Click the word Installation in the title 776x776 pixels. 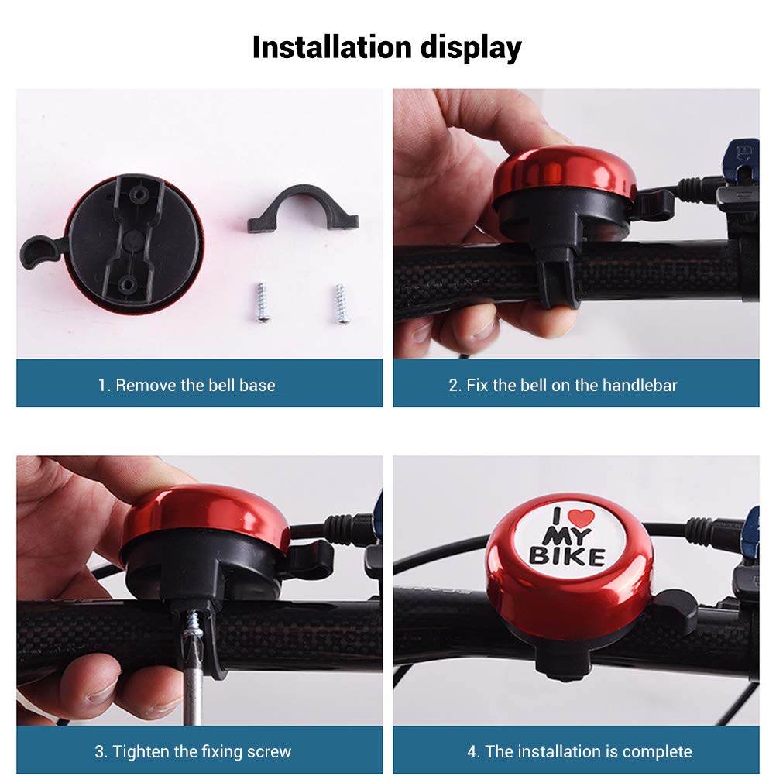[332, 47]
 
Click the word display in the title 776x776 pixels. [471, 49]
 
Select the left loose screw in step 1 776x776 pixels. [262, 303]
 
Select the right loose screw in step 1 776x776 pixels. [341, 304]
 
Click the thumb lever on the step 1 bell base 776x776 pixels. [39, 252]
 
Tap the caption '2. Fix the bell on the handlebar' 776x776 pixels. [563, 385]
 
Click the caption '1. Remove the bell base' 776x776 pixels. [187, 385]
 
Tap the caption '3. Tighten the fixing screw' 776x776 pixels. [193, 751]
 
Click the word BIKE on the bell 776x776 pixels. [567, 556]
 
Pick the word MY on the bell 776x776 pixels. [567, 536]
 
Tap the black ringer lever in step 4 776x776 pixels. [675, 612]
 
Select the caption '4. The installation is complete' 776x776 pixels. [579, 751]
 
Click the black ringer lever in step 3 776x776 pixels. [309, 561]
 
